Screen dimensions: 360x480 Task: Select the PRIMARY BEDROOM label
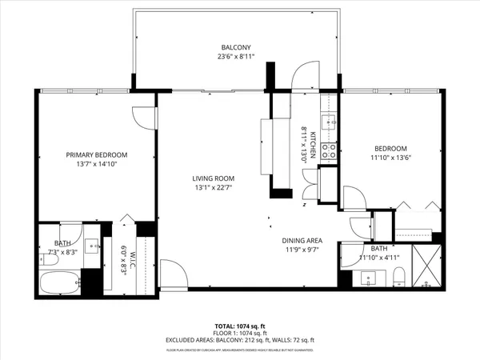(x=96, y=154)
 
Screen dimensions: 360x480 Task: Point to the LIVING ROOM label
(x=212, y=178)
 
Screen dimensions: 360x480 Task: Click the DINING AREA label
(x=302, y=240)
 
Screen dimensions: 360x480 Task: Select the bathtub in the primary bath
(x=59, y=282)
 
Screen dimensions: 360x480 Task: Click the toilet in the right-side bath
(x=398, y=278)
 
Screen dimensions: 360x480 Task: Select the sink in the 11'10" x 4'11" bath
(x=369, y=279)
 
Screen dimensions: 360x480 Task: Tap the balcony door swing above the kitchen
(x=306, y=78)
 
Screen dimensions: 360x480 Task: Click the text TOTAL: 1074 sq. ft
(x=240, y=326)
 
